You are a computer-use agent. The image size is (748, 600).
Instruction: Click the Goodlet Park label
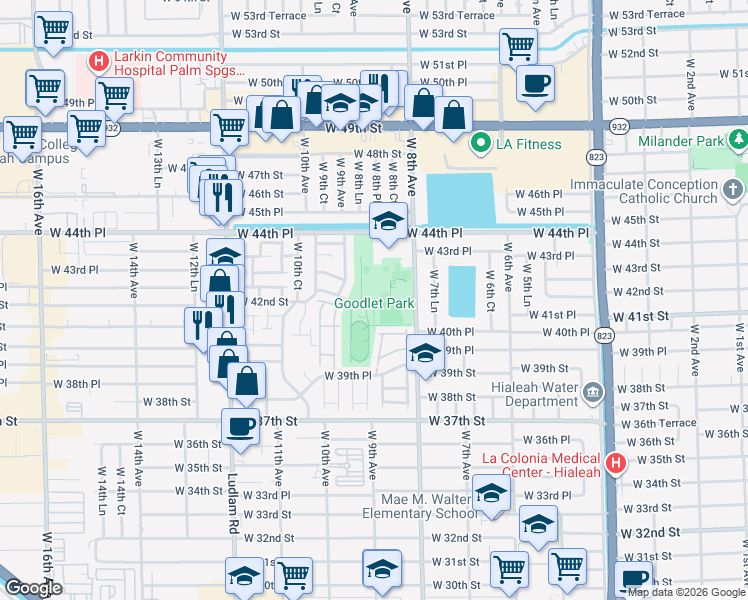[x=373, y=303]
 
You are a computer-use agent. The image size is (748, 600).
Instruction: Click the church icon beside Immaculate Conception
[x=734, y=188]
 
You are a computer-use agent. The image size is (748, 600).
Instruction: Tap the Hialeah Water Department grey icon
[x=594, y=391]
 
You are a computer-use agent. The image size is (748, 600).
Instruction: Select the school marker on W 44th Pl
[x=385, y=225]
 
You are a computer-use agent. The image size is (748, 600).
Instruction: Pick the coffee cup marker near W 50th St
[x=536, y=83]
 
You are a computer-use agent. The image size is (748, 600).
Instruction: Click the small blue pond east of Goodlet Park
[x=461, y=289]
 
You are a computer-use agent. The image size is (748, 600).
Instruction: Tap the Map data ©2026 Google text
[x=685, y=592]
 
